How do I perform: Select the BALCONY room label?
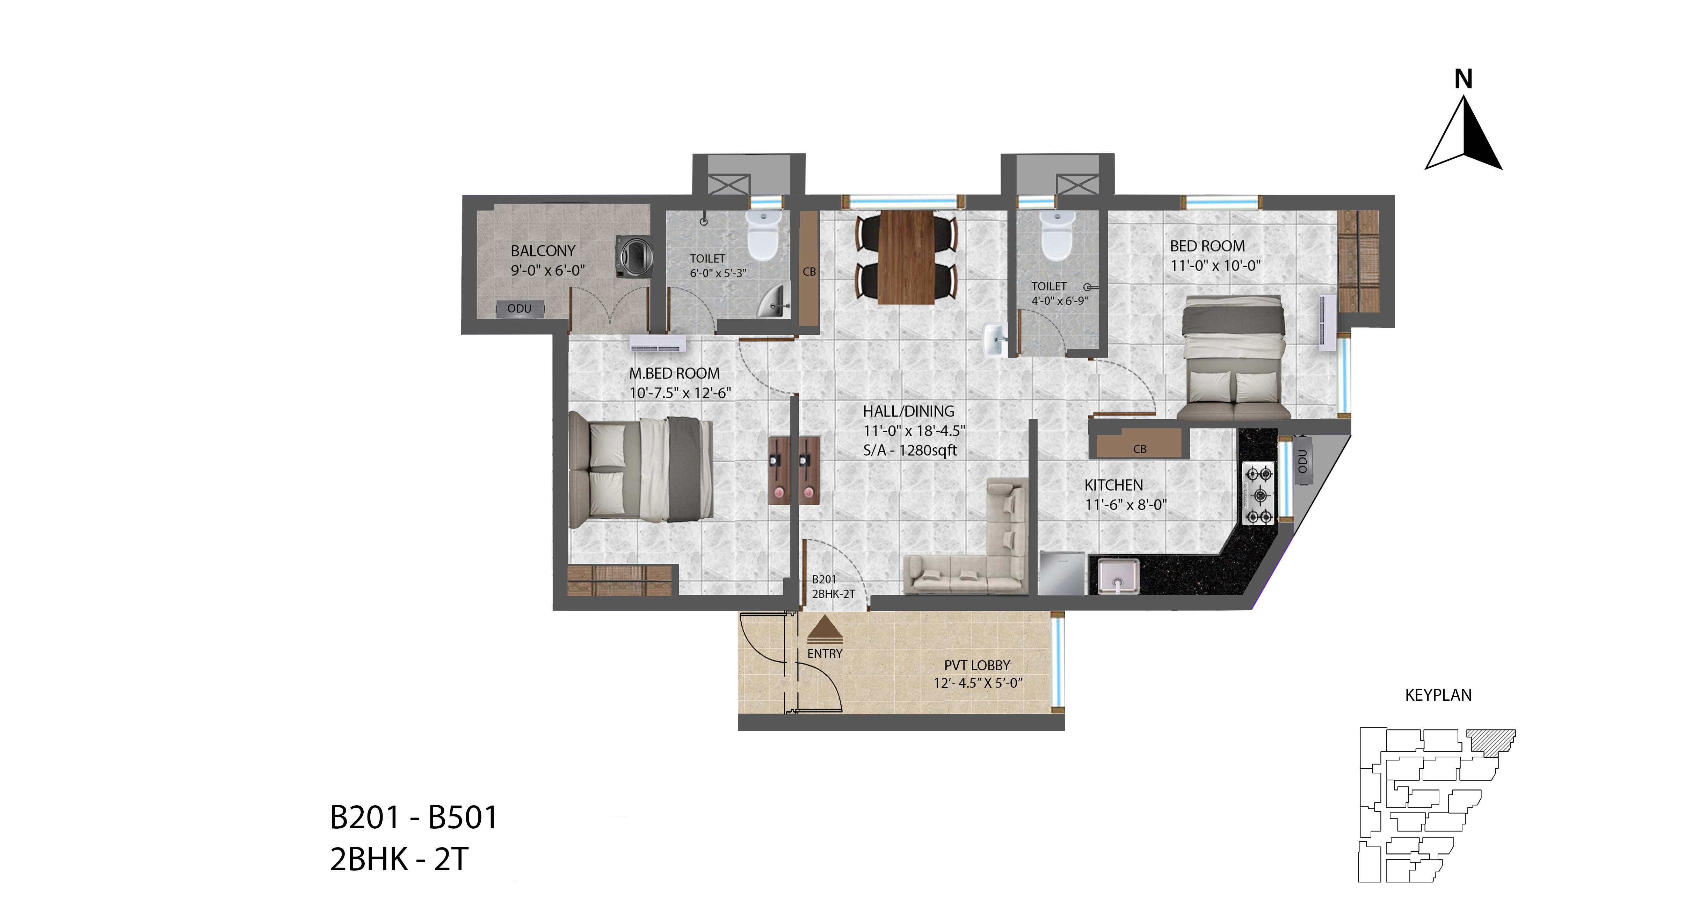pyautogui.click(x=543, y=251)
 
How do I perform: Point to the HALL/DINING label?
pyautogui.click(x=909, y=412)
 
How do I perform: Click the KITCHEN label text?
pyautogui.click(x=1113, y=485)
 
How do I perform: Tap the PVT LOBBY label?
pyautogui.click(x=977, y=665)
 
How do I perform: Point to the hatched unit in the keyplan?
pyautogui.click(x=1491, y=741)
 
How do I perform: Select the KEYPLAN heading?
pyautogui.click(x=1438, y=695)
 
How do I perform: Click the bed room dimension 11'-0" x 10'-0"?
pyautogui.click(x=1215, y=266)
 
